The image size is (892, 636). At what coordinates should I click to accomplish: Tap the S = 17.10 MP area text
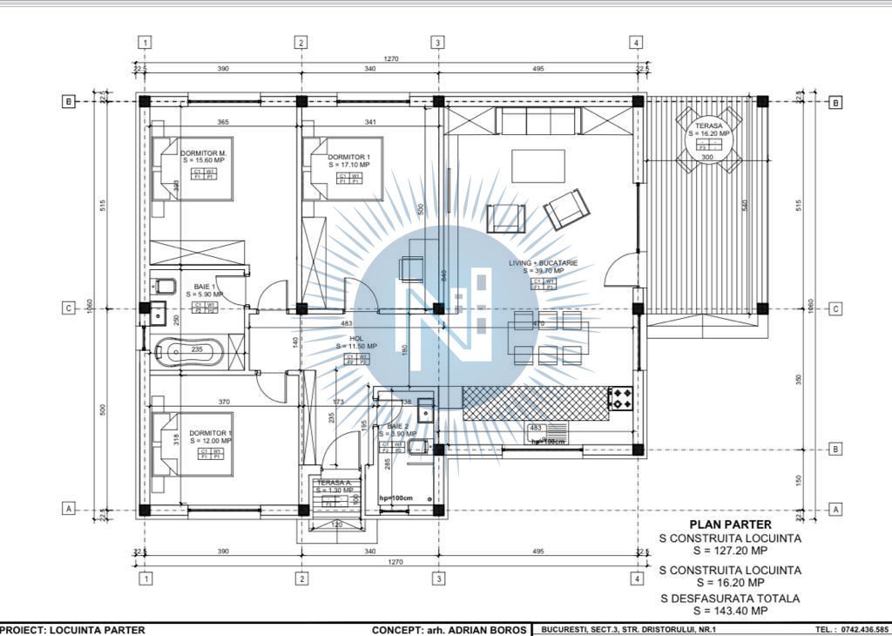pyautogui.click(x=348, y=164)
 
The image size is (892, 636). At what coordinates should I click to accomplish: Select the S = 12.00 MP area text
pyautogui.click(x=210, y=441)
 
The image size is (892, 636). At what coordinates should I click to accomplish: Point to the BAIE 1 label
pyautogui.click(x=205, y=287)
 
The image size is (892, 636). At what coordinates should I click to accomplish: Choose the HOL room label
pyautogui.click(x=355, y=339)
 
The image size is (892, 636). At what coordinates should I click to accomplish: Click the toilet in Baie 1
pyautogui.click(x=163, y=286)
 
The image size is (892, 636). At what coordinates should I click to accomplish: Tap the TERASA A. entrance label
pyautogui.click(x=334, y=482)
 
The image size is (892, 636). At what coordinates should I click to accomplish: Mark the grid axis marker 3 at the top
pyautogui.click(x=438, y=42)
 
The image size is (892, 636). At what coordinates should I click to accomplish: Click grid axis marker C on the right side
pyautogui.click(x=835, y=308)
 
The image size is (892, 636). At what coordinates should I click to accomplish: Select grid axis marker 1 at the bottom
pyautogui.click(x=145, y=578)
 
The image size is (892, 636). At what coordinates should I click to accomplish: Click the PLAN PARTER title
pyautogui.click(x=730, y=524)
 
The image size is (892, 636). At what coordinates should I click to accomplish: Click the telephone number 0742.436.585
pyautogui.click(x=864, y=629)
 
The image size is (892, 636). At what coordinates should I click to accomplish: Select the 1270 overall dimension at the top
pyautogui.click(x=390, y=58)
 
